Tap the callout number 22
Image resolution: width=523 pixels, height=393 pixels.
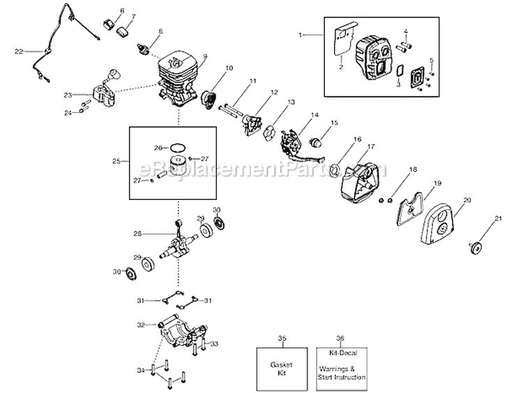pos(19,51)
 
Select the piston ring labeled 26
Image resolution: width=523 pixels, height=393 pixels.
pos(179,148)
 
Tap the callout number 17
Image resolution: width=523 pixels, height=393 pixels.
pos(371,147)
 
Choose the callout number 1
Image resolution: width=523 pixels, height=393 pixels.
pos(302,33)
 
